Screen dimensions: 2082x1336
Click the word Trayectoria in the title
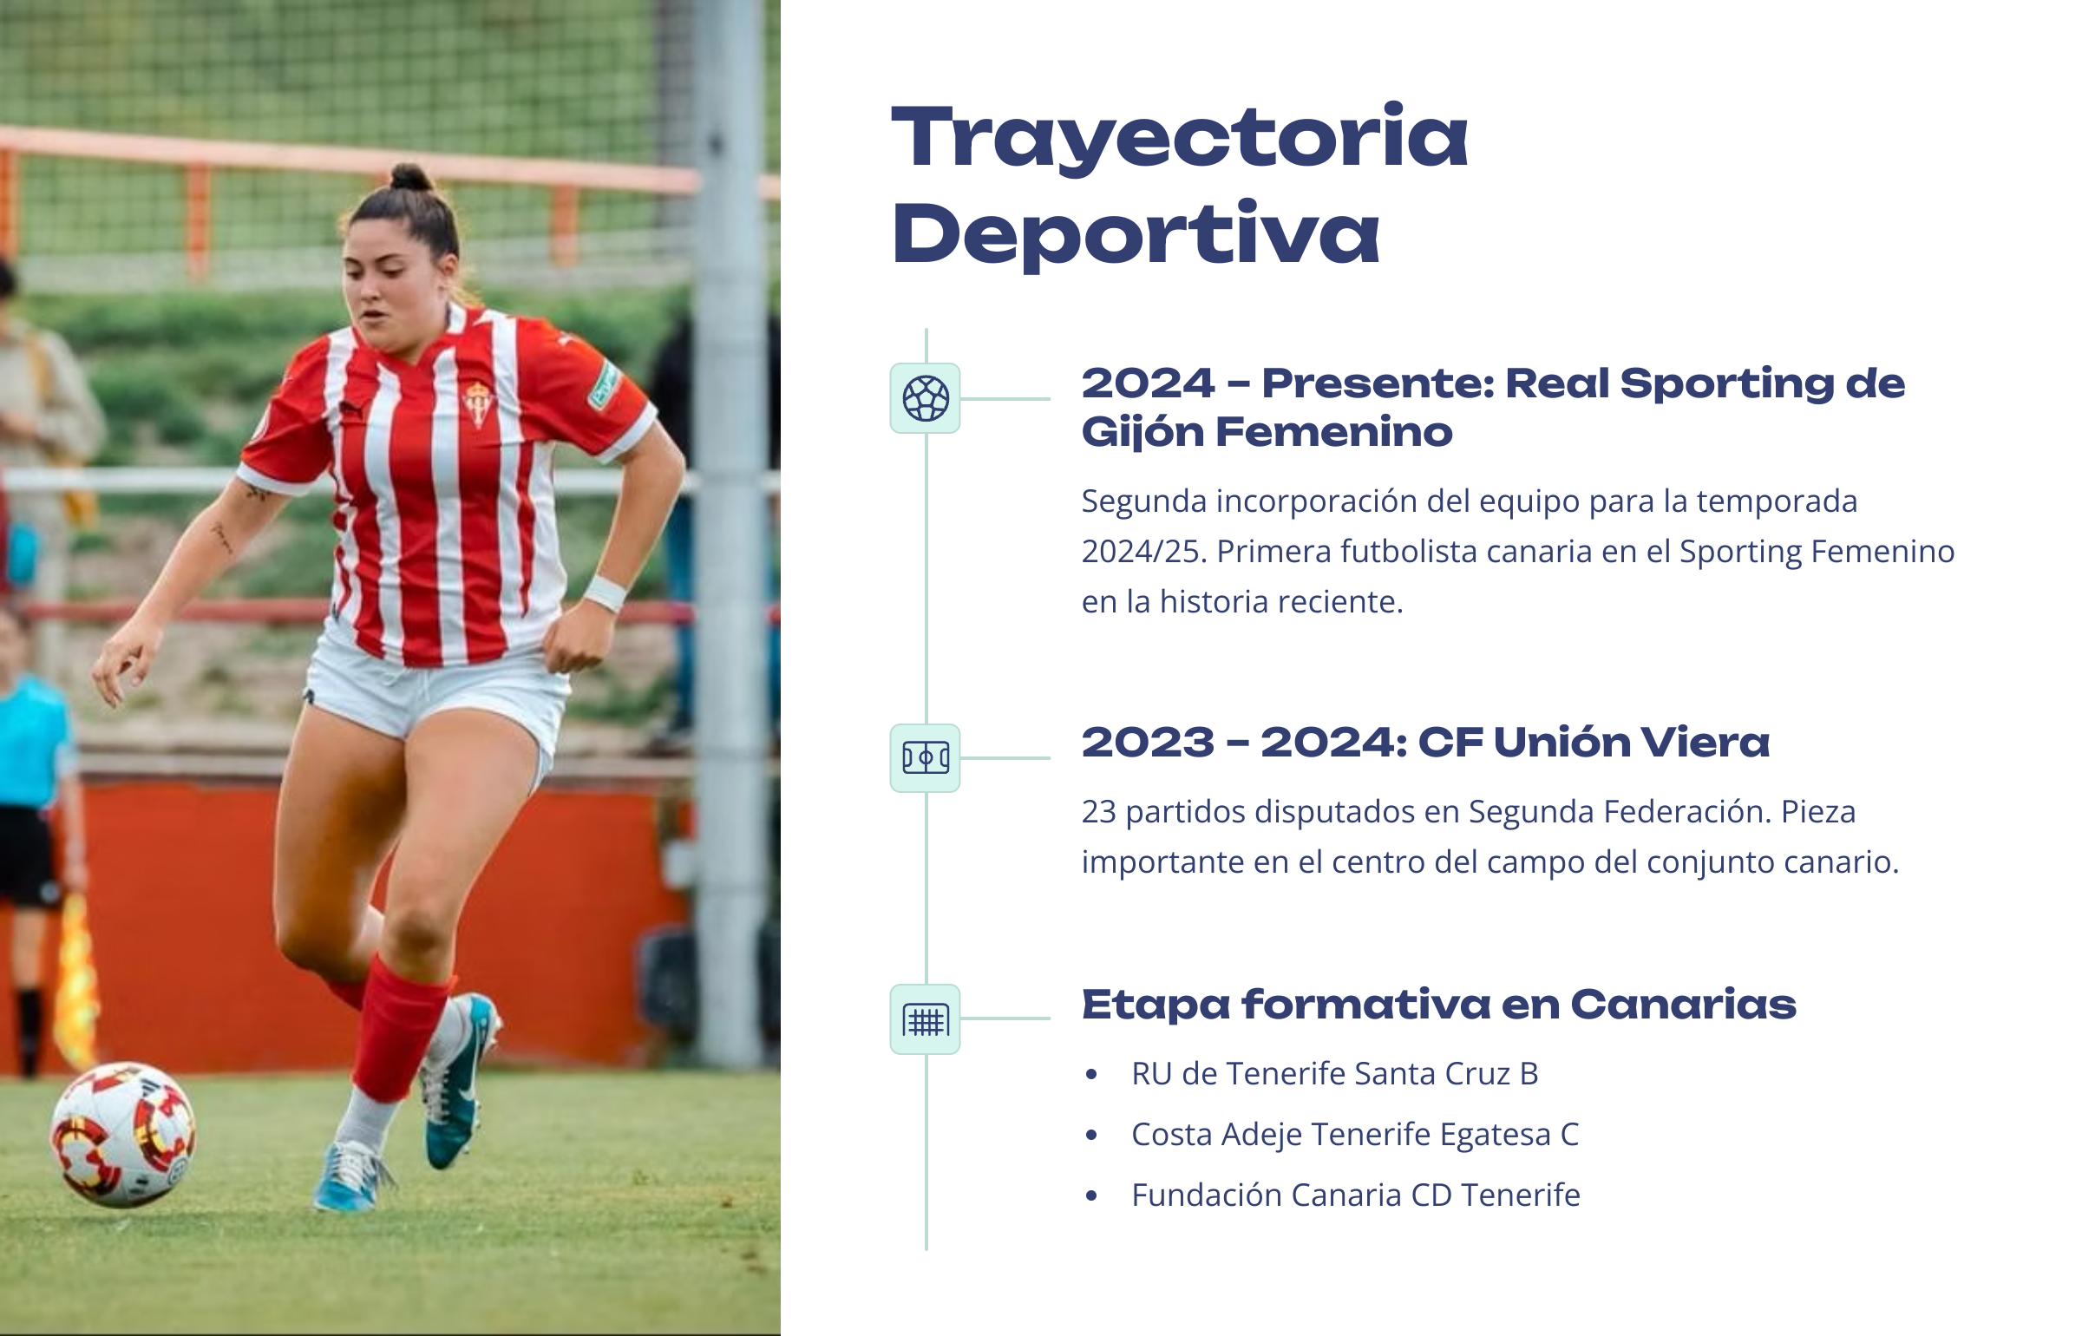click(x=1180, y=139)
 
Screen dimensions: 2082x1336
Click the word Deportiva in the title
click(x=1136, y=234)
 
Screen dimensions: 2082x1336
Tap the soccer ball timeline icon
click(x=926, y=398)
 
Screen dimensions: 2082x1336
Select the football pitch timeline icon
click(x=926, y=758)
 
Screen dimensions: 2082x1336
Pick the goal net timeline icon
click(x=926, y=1019)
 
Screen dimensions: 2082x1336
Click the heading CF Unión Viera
click(x=1594, y=743)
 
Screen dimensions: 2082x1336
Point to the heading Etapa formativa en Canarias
click(x=1439, y=1005)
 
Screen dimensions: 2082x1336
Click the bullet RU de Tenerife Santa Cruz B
click(x=1335, y=1074)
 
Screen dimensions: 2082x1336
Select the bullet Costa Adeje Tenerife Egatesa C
click(x=1355, y=1135)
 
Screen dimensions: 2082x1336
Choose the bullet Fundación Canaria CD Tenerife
click(x=1356, y=1195)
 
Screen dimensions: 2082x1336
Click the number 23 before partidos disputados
click(x=1098, y=812)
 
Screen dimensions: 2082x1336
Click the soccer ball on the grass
click(x=123, y=1134)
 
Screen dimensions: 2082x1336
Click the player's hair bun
click(x=411, y=177)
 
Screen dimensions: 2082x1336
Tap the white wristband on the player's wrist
click(x=605, y=593)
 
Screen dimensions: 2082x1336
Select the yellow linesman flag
click(x=75, y=980)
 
